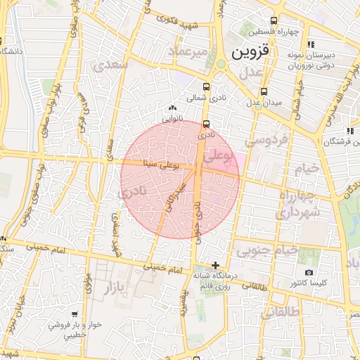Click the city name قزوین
click(x=250, y=52)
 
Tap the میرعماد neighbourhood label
click(x=188, y=51)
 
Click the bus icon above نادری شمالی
click(x=205, y=87)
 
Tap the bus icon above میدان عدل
click(x=264, y=91)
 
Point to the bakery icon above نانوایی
click(x=172, y=108)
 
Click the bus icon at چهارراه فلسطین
click(x=275, y=20)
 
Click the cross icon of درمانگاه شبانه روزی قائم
click(x=215, y=265)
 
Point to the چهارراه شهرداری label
click(x=299, y=203)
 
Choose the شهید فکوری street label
click(x=198, y=27)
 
